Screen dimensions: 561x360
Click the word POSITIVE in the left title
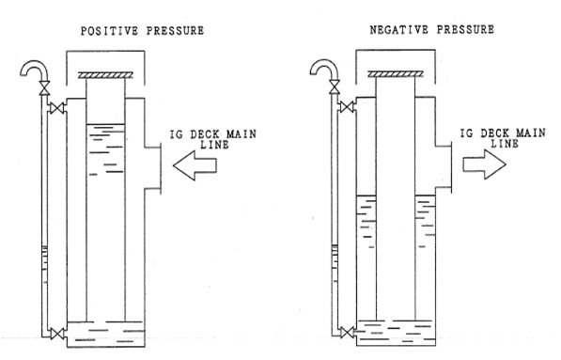tap(109, 31)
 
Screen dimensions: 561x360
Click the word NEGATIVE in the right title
tap(399, 30)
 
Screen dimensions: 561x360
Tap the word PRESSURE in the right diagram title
tap(465, 30)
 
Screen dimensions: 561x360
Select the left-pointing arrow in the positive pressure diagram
tap(195, 165)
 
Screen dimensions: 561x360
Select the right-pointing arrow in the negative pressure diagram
tap(485, 164)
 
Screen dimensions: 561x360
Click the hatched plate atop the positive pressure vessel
tap(105, 75)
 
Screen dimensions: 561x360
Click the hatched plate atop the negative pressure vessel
tap(396, 74)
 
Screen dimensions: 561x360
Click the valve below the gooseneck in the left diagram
tap(45, 88)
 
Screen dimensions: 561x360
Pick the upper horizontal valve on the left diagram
tap(57, 108)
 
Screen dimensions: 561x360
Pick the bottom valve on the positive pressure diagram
tap(57, 334)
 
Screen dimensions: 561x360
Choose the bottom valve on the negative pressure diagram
tap(347, 333)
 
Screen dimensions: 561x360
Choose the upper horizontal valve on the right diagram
tap(347, 107)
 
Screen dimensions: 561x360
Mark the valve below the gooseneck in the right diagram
tap(335, 87)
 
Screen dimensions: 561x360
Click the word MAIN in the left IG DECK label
tap(242, 134)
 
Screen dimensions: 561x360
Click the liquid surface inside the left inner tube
tap(105, 124)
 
